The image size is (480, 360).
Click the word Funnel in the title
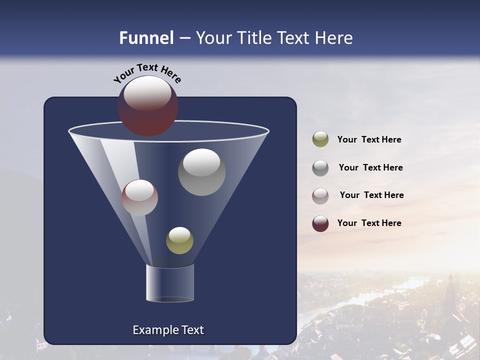[146, 38]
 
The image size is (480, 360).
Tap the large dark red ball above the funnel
[147, 105]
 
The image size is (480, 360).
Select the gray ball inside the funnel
[201, 172]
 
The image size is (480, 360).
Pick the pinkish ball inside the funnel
[139, 197]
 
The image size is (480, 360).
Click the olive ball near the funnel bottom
[179, 240]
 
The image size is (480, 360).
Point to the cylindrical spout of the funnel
[169, 283]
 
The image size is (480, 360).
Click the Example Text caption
[168, 330]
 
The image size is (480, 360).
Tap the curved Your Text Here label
[147, 73]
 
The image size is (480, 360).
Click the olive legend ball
[320, 139]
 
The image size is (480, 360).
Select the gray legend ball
[320, 167]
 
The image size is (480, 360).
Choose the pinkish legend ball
[320, 195]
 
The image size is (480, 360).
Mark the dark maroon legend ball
[320, 223]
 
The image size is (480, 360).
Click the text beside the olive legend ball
[369, 140]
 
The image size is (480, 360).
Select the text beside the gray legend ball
[370, 168]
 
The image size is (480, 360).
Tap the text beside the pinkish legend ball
[371, 195]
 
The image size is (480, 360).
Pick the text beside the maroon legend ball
[369, 223]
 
